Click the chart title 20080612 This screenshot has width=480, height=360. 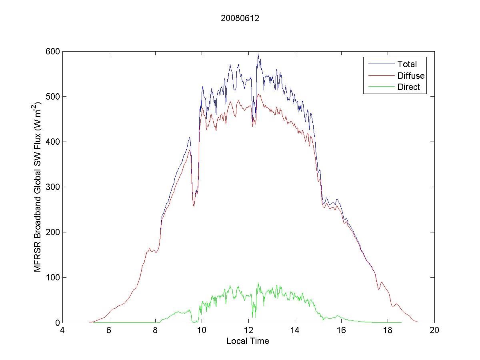(x=240, y=18)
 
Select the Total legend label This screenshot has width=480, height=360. (x=407, y=64)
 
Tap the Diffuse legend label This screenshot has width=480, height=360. (x=411, y=76)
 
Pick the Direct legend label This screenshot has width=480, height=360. (x=408, y=88)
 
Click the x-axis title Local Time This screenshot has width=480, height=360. (x=248, y=341)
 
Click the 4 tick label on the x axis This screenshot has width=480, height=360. (x=62, y=330)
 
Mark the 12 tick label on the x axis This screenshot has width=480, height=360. (x=248, y=330)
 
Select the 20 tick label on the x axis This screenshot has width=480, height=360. (x=434, y=330)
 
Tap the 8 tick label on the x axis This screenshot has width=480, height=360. (x=155, y=330)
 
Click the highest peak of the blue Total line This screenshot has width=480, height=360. (x=258, y=54)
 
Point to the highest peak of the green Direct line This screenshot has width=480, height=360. (x=258, y=283)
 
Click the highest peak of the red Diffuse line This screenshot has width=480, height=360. (x=259, y=94)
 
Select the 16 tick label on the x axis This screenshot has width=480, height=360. (x=341, y=330)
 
